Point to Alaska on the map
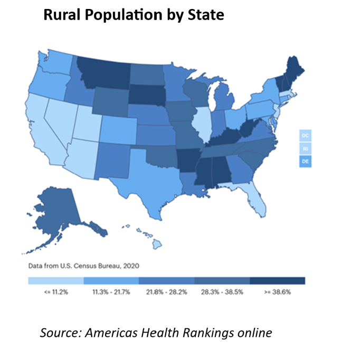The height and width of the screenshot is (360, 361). [x=58, y=211]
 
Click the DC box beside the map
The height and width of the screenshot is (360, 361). [x=305, y=136]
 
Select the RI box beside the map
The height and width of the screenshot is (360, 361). [x=305, y=148]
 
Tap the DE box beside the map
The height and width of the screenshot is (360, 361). [x=305, y=161]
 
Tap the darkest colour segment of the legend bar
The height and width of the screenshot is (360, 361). [x=277, y=281]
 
